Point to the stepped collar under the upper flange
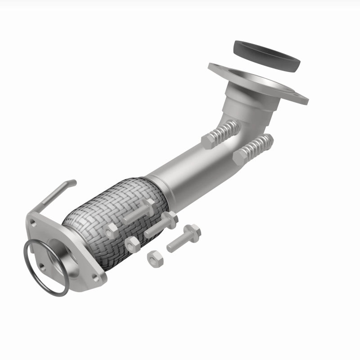(252, 97)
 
